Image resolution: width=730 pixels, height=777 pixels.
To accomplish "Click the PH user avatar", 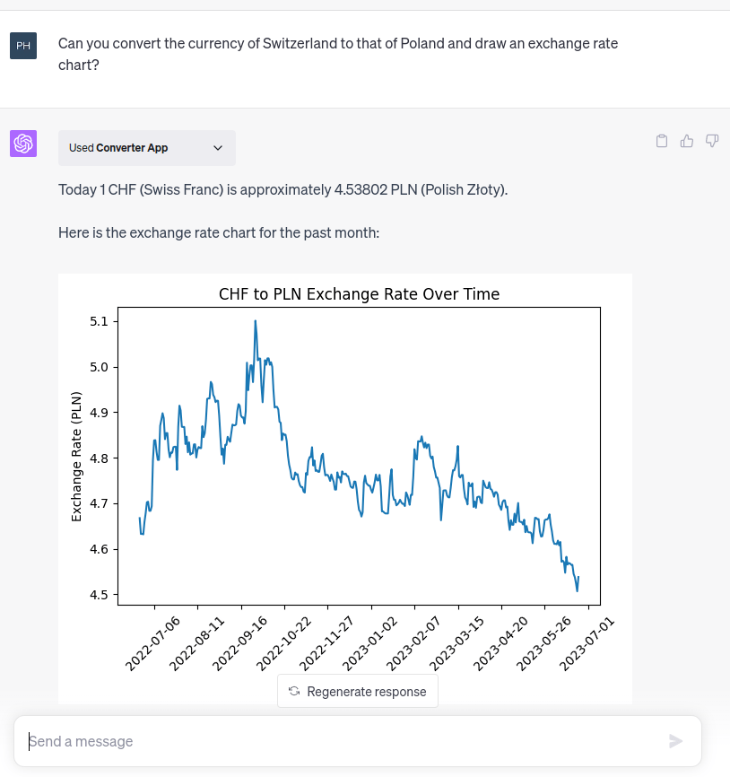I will pos(23,45).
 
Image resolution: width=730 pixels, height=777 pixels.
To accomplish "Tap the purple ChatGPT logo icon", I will pos(23,144).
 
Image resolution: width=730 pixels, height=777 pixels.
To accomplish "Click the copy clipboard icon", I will pos(662,141).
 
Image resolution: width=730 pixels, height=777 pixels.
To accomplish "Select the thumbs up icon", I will pos(687,141).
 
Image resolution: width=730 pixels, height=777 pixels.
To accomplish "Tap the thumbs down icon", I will pos(712,141).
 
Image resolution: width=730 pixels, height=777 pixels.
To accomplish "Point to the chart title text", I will pos(359,294).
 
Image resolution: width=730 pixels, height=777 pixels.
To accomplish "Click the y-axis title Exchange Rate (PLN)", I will pos(76,457).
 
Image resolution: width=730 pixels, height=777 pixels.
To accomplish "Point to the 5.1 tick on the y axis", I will pos(99,321).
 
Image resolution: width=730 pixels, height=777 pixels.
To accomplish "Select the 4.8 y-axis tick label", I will pos(99,458).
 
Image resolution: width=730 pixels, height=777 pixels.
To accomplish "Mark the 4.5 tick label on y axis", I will pos(99,595).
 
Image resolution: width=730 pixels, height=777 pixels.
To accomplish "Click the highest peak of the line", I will pos(256,321).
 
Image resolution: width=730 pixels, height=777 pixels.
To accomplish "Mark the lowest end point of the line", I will pos(577,590).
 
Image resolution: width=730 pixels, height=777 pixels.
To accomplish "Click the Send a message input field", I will pos(341,741).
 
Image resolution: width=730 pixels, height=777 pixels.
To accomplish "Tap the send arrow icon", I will pos(676,741).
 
